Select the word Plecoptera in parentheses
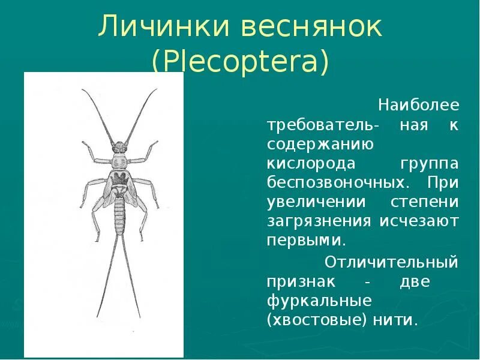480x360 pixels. tap(240, 62)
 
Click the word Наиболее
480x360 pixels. tap(418, 106)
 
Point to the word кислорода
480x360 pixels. tap(311, 164)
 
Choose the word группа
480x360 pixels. tap(428, 164)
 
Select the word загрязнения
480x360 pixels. tap(319, 221)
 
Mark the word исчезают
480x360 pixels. tap(419, 221)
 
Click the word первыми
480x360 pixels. tap(305, 240)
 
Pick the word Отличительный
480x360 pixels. tap(391, 262)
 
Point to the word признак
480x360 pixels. tap(299, 281)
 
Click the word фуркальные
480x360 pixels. tap(319, 301)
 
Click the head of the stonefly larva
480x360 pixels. tap(120, 147)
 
